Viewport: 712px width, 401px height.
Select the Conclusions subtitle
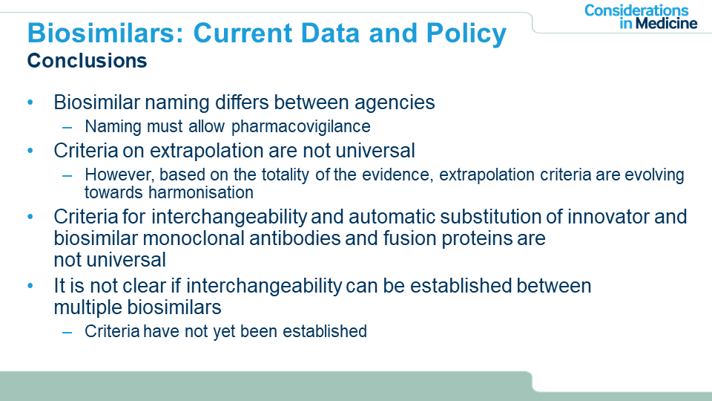pos(88,60)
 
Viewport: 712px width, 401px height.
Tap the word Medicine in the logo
pos(666,23)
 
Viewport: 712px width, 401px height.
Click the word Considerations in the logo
pos(636,10)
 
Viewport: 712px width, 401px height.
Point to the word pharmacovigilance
pos(300,127)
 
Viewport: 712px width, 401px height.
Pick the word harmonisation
pos(201,192)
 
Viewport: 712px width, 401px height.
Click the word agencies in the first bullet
pos(395,102)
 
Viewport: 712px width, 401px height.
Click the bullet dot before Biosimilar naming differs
pos(30,102)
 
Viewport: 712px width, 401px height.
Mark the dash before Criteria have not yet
pos(67,333)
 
